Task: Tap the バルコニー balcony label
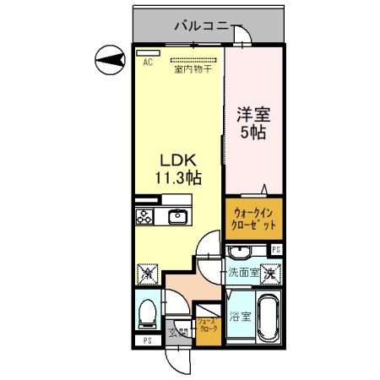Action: coord(201,26)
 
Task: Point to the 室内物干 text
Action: coord(193,70)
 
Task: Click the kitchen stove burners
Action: coord(144,216)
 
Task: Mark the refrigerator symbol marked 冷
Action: coord(146,274)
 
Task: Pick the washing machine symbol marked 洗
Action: coord(269,274)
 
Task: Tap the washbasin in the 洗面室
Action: coord(240,253)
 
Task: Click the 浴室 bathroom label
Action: coord(239,318)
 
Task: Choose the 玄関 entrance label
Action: coord(180,331)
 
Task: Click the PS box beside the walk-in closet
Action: coord(275,249)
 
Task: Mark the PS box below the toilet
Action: coord(147,341)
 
